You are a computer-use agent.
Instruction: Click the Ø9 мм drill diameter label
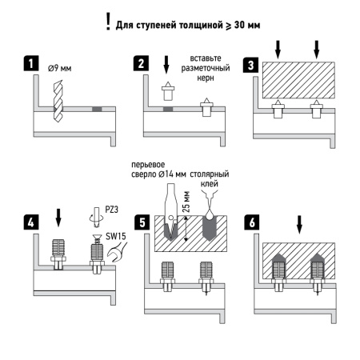click(61, 69)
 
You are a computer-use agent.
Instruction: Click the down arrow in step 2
click(166, 66)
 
